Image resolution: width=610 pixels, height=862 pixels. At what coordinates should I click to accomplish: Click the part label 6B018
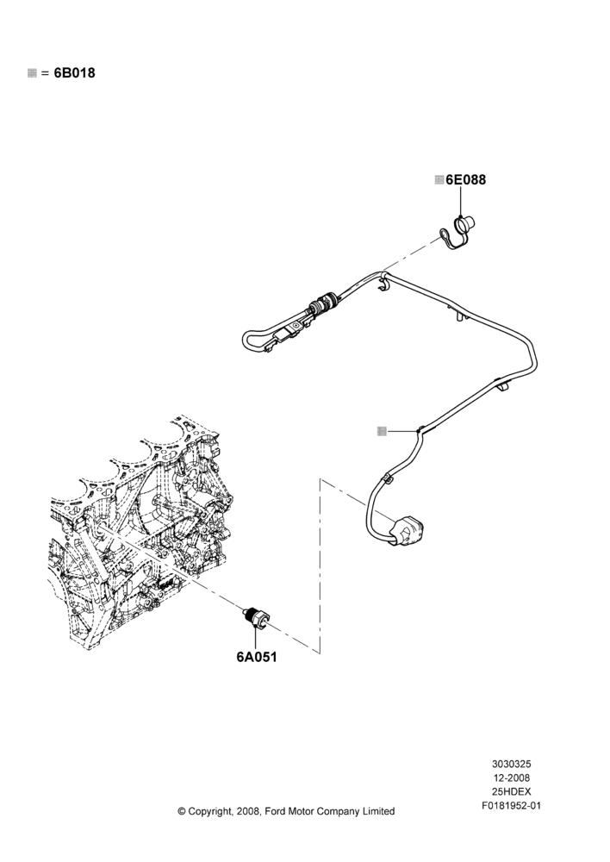click(x=74, y=72)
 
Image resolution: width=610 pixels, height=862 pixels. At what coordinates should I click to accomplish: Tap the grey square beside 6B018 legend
click(x=32, y=73)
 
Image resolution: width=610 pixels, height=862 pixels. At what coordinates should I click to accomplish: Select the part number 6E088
click(x=465, y=180)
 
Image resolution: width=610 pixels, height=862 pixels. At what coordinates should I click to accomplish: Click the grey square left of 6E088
click(x=439, y=180)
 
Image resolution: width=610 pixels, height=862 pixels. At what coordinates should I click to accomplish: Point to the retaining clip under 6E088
click(x=459, y=233)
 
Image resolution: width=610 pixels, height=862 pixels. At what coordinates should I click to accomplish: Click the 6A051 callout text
click(x=257, y=657)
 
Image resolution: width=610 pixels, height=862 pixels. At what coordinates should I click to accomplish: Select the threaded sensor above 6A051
click(x=257, y=618)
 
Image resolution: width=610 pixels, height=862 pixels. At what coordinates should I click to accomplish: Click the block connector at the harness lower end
click(x=410, y=532)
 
